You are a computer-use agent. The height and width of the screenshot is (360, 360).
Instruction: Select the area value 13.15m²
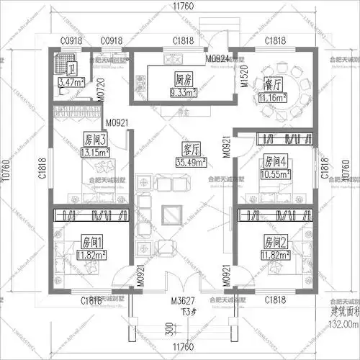95,151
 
